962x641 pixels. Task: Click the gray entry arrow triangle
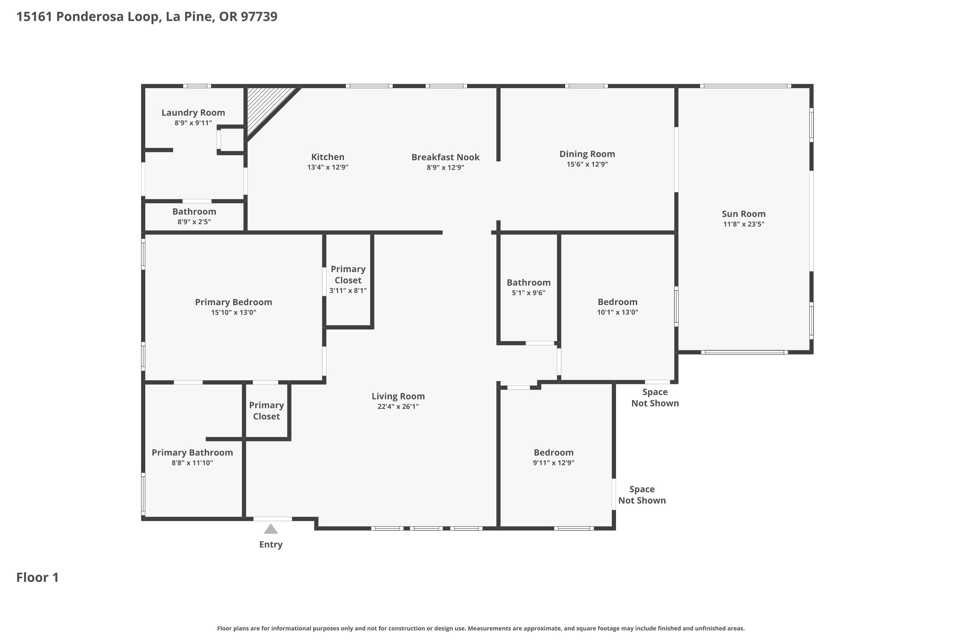click(271, 529)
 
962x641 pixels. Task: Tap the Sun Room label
click(744, 214)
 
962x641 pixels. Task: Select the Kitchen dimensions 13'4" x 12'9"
click(328, 167)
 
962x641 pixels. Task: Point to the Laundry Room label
click(193, 113)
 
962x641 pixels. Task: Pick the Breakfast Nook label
click(445, 157)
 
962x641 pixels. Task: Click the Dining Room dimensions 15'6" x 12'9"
click(587, 164)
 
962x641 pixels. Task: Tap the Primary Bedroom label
click(233, 303)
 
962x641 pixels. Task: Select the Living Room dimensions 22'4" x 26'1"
click(398, 406)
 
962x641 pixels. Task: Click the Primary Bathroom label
click(192, 453)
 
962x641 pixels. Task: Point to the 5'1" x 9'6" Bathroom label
click(528, 282)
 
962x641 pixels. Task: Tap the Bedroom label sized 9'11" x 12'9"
click(553, 453)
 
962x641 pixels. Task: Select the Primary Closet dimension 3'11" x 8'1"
click(348, 291)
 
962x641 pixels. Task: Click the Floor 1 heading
click(38, 577)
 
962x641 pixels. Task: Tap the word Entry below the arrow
click(271, 545)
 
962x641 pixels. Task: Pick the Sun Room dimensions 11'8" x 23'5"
click(744, 224)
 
